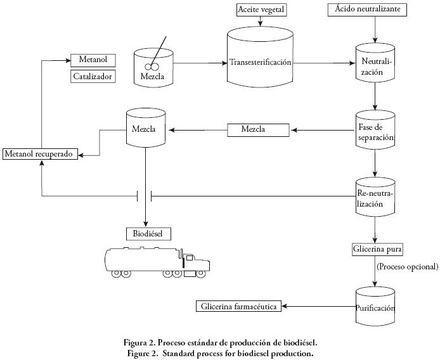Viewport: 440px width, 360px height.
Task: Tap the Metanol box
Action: [x=93, y=60]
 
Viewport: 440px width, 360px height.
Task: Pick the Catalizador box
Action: [x=93, y=77]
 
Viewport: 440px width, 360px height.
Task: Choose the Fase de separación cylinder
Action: [x=375, y=132]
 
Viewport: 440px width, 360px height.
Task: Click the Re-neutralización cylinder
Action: [x=375, y=197]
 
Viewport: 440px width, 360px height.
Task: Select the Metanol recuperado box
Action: [x=41, y=154]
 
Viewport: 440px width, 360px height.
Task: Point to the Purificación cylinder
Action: [x=375, y=306]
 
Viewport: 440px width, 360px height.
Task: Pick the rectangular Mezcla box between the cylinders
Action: [x=257, y=130]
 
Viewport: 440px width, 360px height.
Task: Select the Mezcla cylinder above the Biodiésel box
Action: [x=146, y=129]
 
